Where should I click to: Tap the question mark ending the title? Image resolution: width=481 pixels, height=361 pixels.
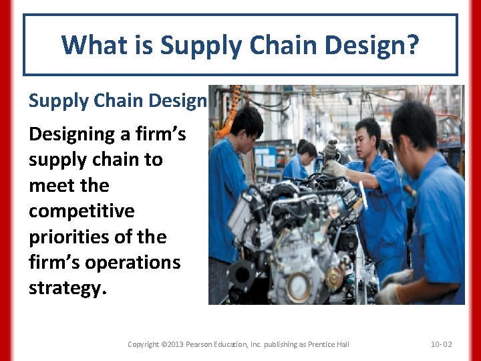412,45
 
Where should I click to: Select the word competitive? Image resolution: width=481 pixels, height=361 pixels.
82,211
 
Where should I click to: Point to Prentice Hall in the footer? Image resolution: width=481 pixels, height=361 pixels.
327,344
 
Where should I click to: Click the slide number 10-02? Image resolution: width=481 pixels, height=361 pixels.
441,344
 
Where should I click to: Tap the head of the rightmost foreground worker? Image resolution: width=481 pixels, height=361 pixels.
416,127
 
